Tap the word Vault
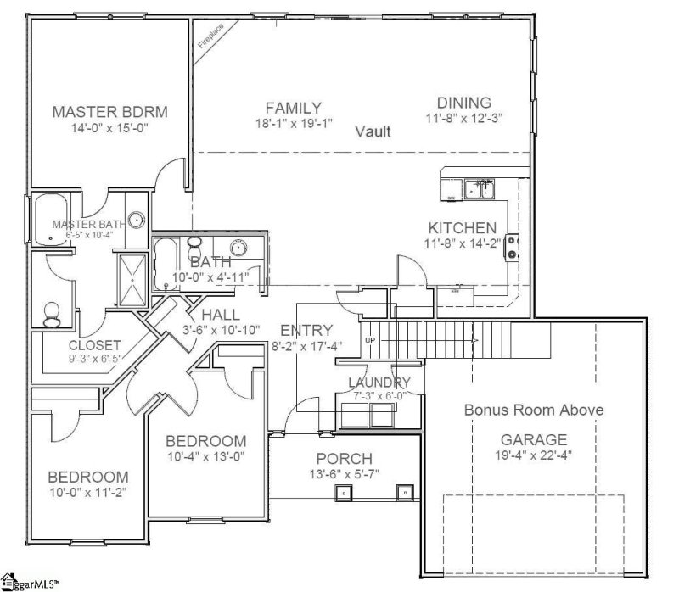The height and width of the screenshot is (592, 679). pos(373,131)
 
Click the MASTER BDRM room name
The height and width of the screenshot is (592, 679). pos(109,112)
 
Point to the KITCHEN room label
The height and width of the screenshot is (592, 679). pos(462,228)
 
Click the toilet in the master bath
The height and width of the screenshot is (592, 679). pos(51,314)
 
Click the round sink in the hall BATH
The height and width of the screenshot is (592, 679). pos(241,249)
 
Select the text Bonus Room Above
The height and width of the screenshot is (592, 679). pos(534,410)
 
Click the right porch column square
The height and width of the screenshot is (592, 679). pos(405,492)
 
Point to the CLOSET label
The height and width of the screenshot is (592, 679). pos(94,345)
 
